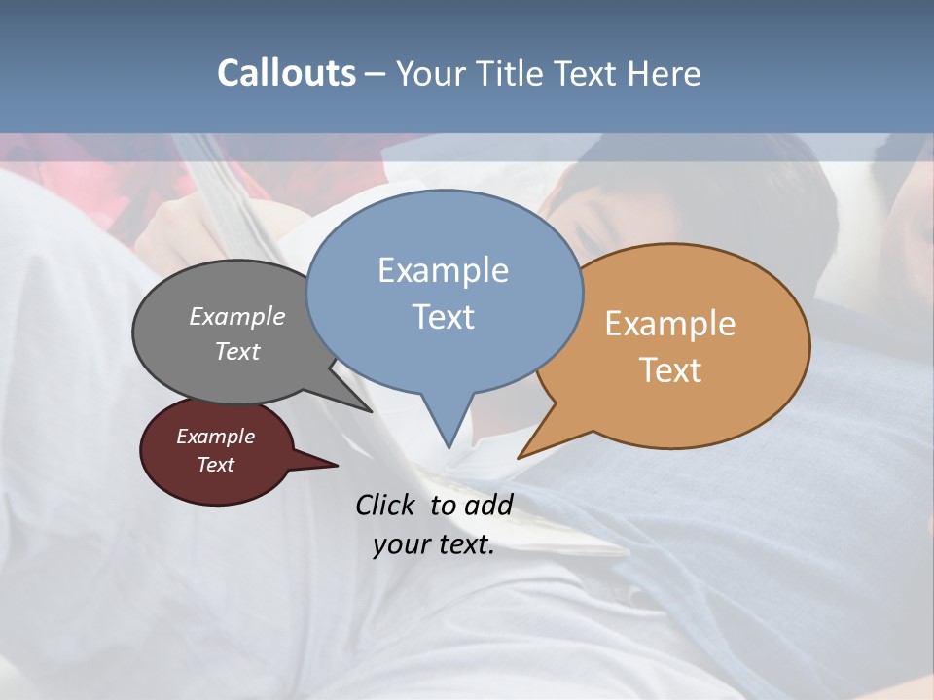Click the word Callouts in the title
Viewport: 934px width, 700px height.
click(286, 73)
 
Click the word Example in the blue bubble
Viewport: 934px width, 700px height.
click(443, 270)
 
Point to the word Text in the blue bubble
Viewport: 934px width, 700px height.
click(443, 317)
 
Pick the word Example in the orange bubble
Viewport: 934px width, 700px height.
click(670, 324)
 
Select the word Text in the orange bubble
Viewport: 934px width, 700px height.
click(670, 370)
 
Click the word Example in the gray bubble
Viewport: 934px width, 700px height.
click(237, 316)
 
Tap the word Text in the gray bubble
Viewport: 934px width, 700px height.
click(237, 351)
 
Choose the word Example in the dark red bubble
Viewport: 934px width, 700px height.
click(216, 437)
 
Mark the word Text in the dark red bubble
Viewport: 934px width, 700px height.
click(216, 465)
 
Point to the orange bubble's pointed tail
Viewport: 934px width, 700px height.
click(525, 452)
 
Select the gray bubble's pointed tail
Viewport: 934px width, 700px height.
click(365, 407)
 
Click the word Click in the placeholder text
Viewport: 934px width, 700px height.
click(386, 505)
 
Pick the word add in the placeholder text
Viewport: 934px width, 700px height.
click(487, 505)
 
